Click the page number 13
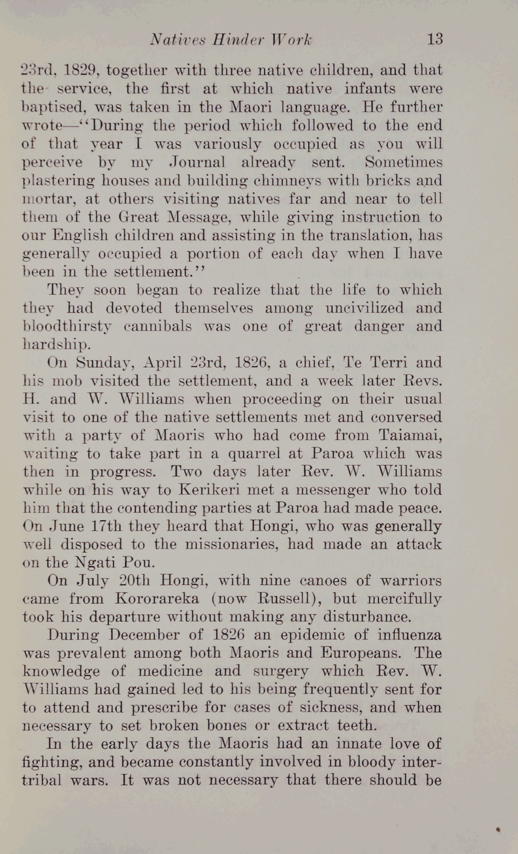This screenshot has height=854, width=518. (435, 39)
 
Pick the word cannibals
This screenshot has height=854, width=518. (158, 326)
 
